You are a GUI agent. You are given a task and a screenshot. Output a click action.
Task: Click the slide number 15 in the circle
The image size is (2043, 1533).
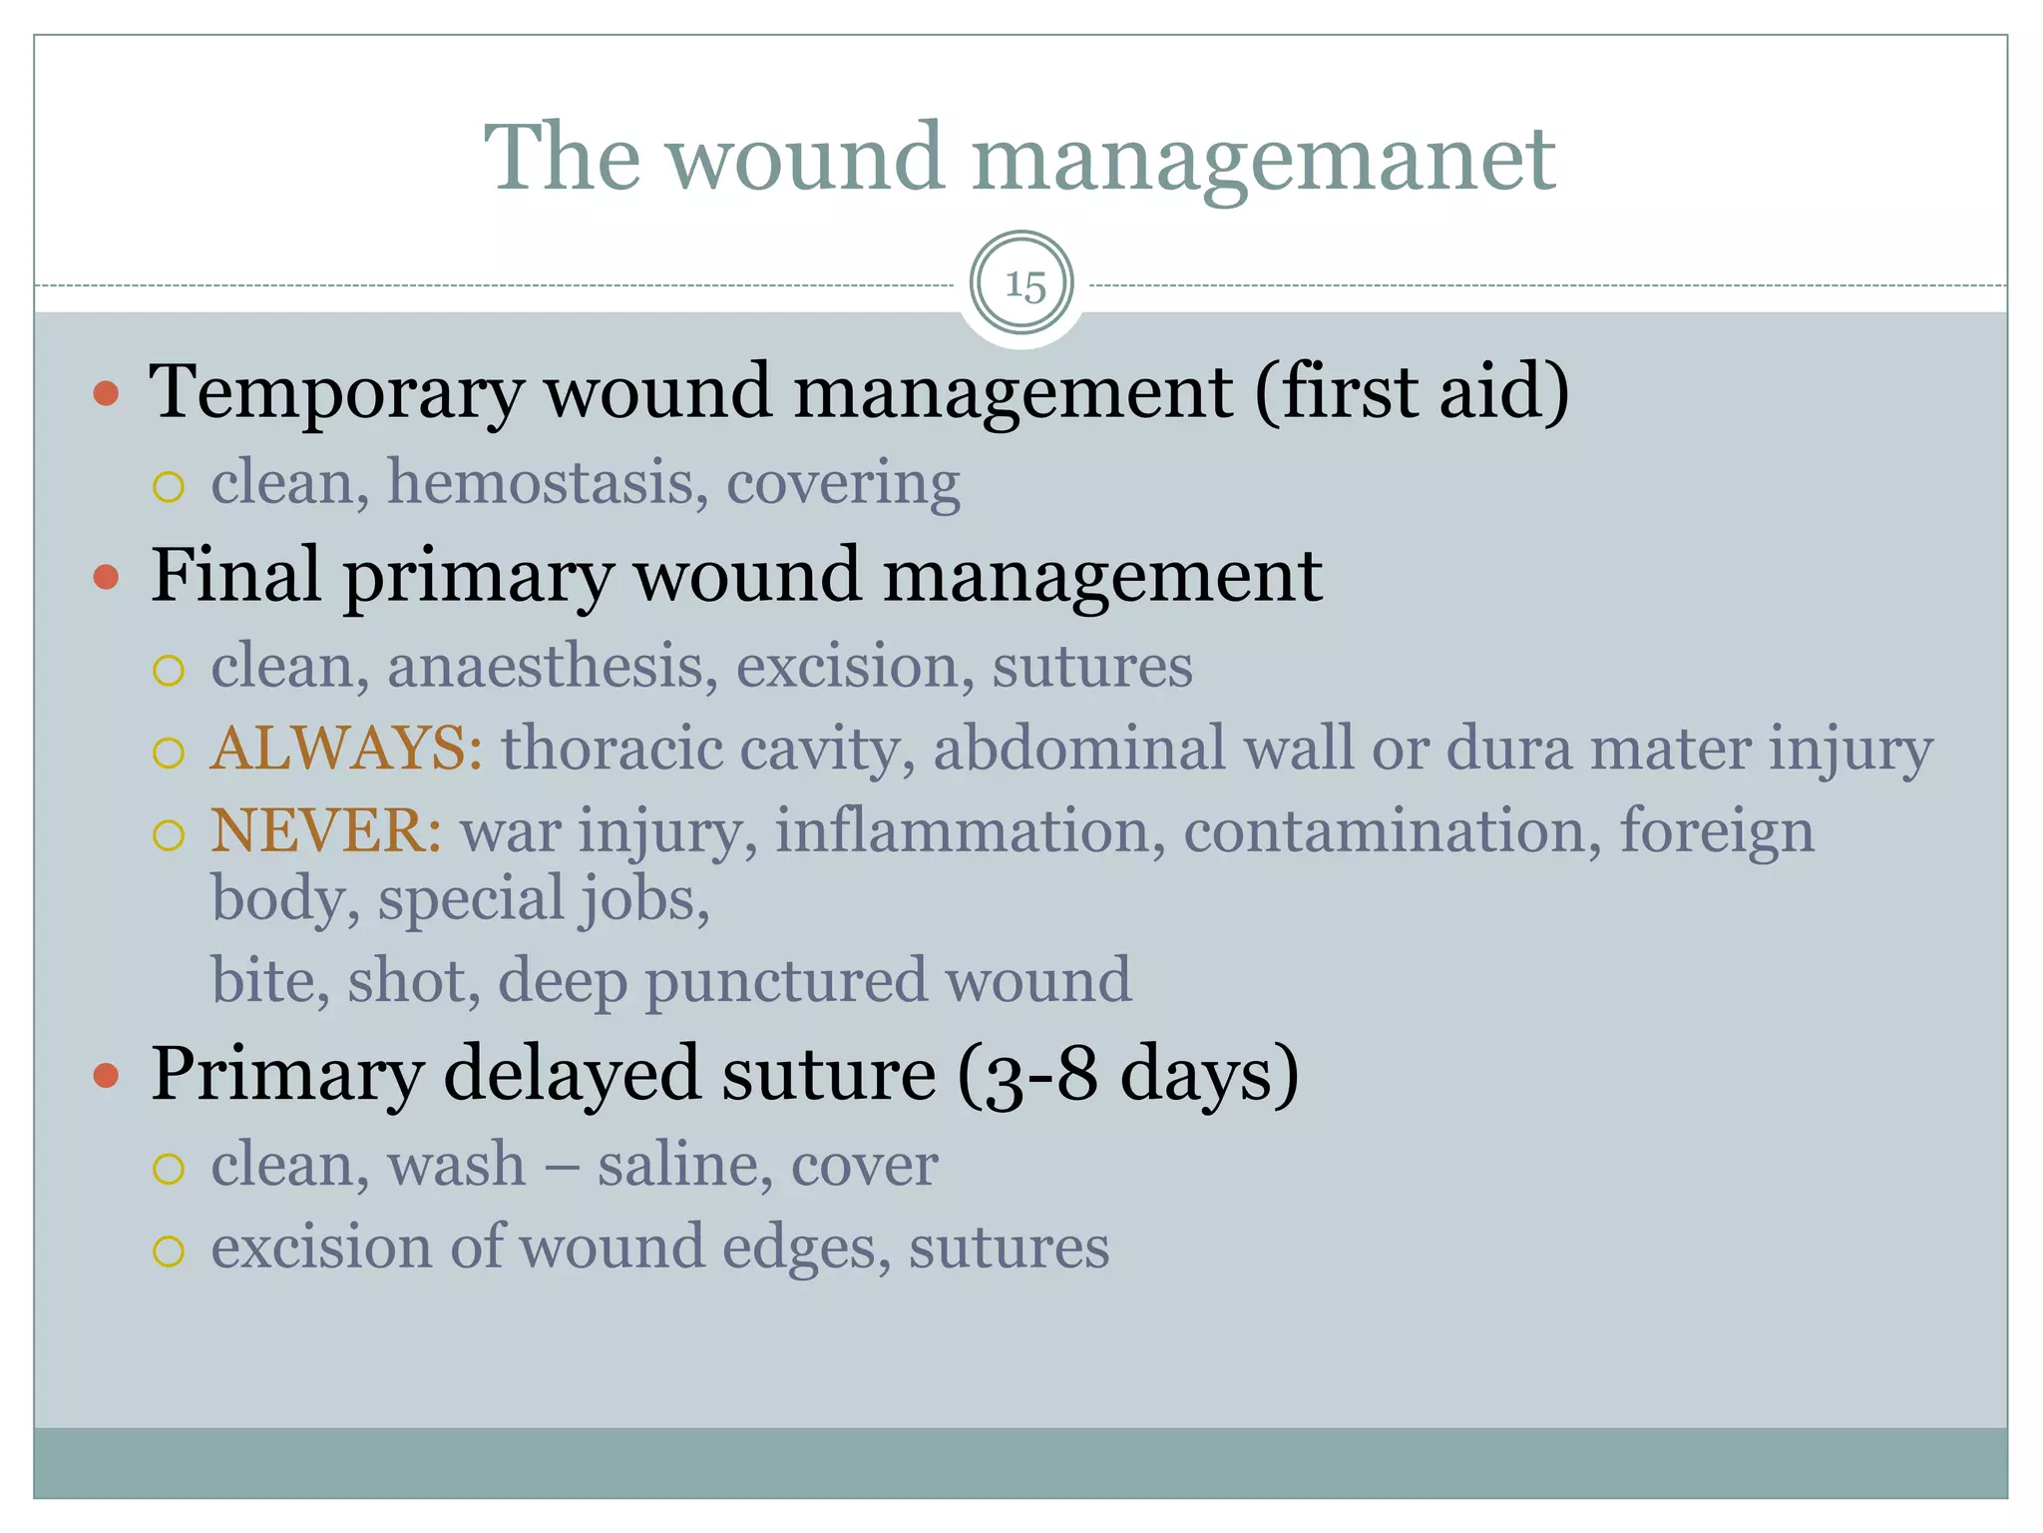pos(1023,285)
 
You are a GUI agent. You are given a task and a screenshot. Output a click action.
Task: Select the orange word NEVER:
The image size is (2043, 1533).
pos(325,830)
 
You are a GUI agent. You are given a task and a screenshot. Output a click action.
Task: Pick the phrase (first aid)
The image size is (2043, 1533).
pos(1411,391)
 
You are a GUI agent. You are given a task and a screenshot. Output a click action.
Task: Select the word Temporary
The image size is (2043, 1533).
pos(336,391)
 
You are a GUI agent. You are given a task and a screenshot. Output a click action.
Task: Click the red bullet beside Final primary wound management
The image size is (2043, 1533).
pos(106,577)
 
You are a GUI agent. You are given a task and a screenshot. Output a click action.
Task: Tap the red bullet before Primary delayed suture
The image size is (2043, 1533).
pos(106,1076)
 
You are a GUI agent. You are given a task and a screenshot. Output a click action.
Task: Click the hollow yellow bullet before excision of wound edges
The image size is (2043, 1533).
pos(169,1251)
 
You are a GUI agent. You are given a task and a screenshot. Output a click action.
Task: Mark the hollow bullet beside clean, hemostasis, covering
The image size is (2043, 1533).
pos(169,487)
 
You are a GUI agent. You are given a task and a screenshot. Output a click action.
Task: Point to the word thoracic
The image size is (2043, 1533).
pos(611,748)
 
